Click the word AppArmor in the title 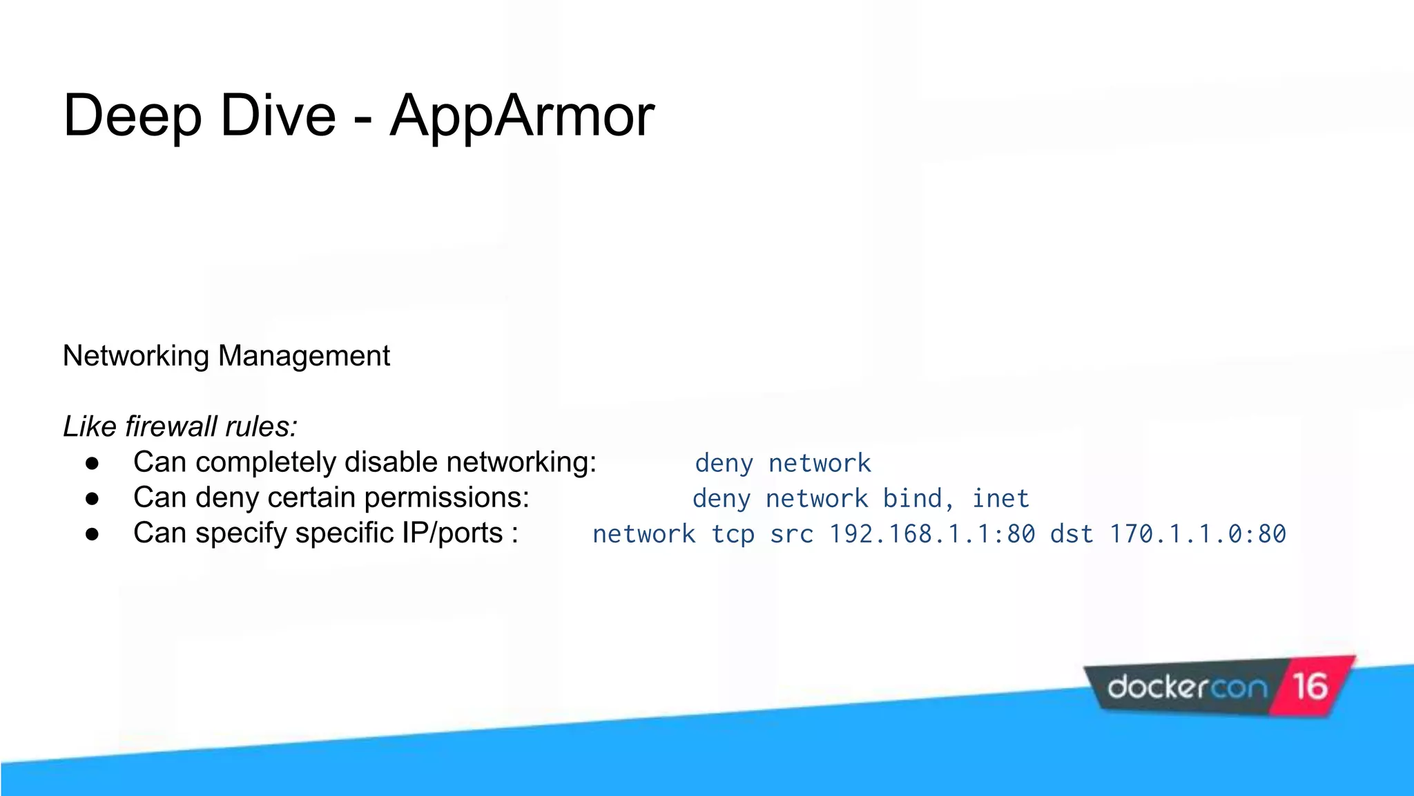521,116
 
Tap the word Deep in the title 132,116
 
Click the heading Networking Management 226,356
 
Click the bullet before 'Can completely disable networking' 93,463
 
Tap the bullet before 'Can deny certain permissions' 93,498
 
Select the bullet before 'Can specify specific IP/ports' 93,534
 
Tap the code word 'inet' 1000,499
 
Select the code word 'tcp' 733,534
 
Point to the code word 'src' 791,534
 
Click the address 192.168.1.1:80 931,534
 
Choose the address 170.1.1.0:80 1197,534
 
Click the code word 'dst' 1072,534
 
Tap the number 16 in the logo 1310,686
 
